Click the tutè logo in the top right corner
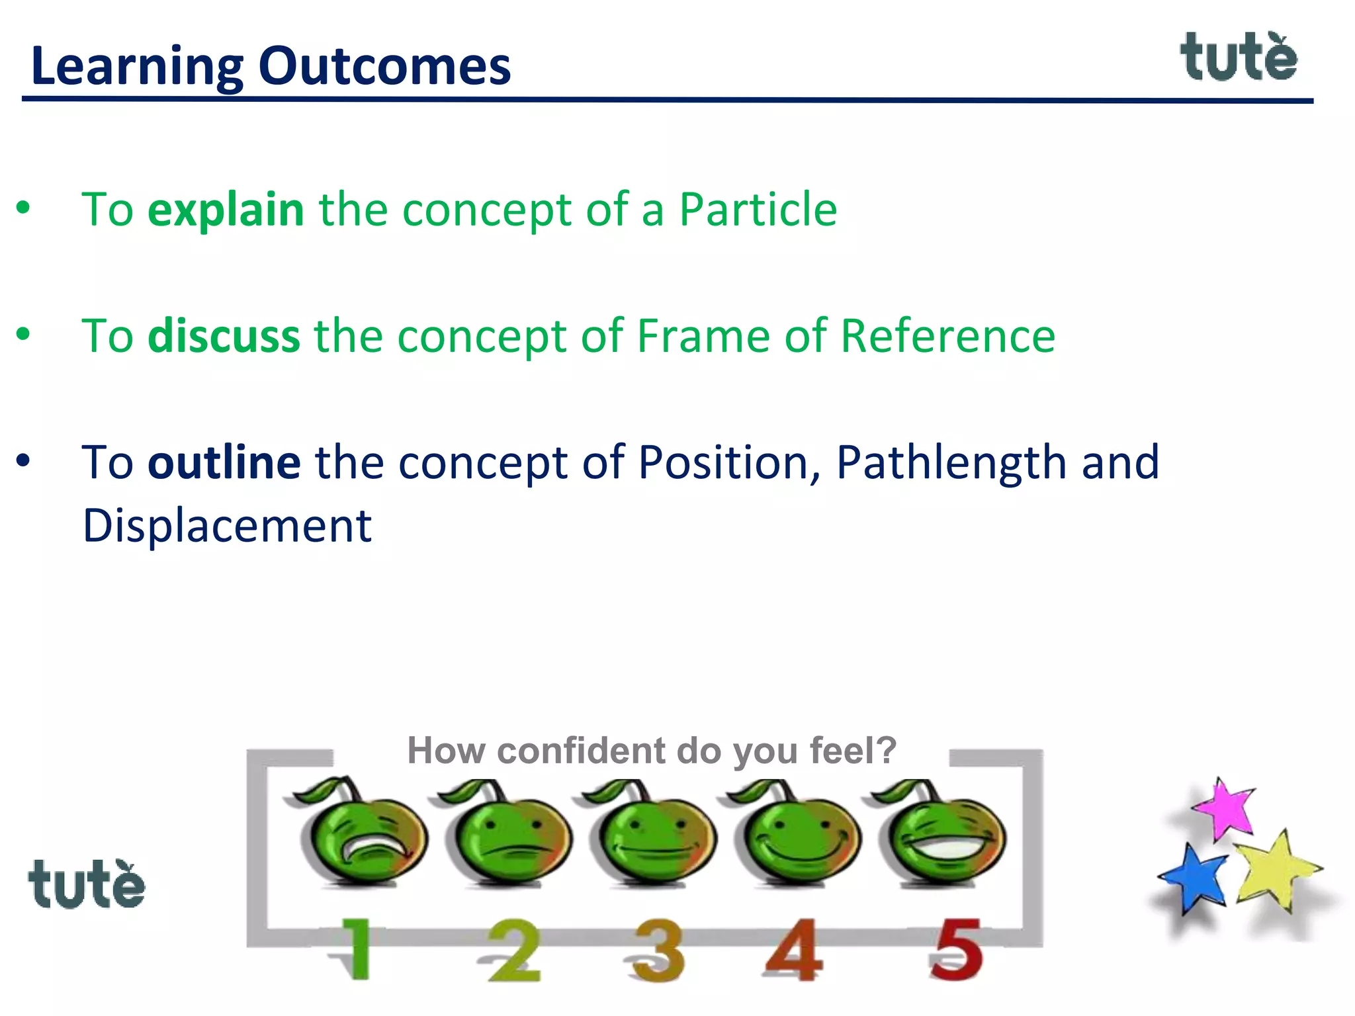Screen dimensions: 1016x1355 click(1239, 58)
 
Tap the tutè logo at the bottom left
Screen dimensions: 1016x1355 click(86, 884)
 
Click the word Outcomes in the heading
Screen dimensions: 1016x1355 click(384, 66)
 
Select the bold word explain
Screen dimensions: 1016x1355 click(226, 210)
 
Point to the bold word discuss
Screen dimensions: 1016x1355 click(224, 336)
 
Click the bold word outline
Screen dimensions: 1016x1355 click(224, 462)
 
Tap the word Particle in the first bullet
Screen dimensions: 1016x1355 click(758, 210)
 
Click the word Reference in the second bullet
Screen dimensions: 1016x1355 click(947, 336)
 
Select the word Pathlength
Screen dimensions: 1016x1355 click(951, 462)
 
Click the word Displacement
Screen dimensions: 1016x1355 click(227, 526)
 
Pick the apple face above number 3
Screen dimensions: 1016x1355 click(654, 837)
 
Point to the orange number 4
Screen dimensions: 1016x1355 click(794, 950)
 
